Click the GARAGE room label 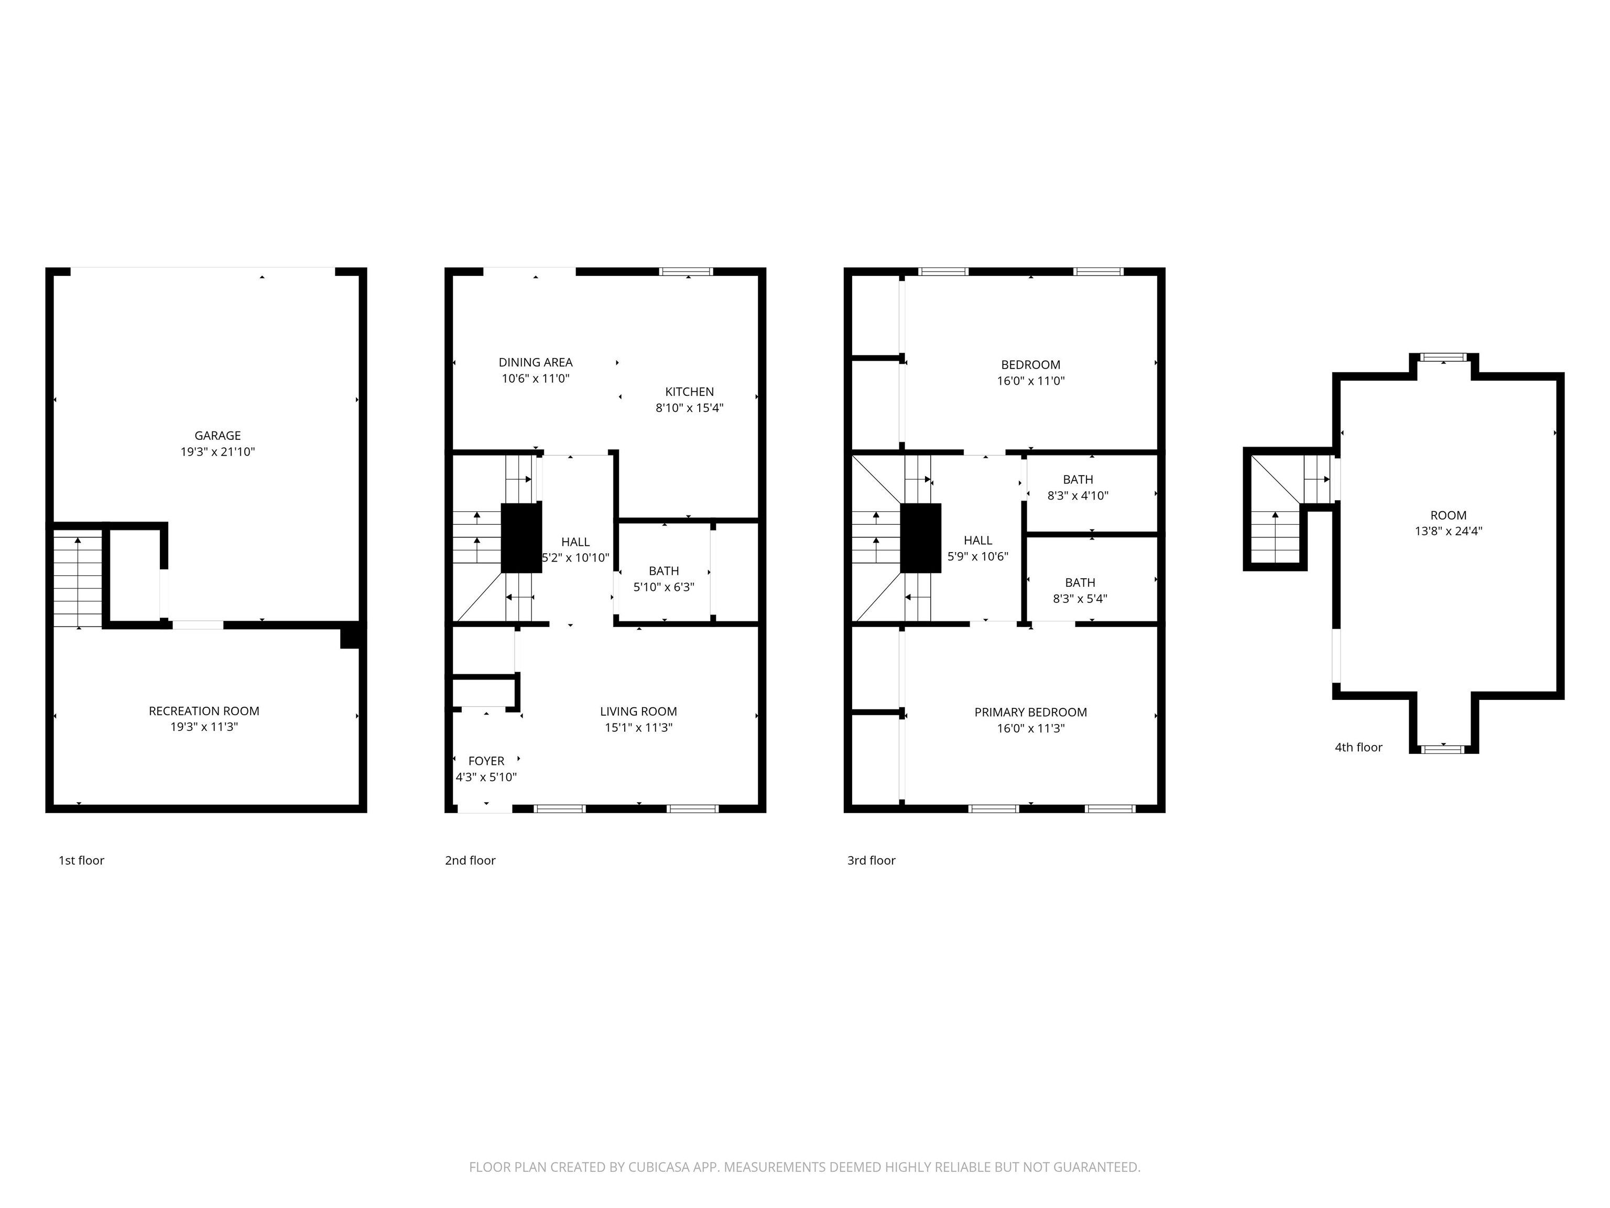tap(217, 435)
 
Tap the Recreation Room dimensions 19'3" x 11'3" tap(204, 727)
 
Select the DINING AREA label tap(535, 362)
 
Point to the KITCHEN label tap(689, 392)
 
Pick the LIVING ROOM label tap(638, 711)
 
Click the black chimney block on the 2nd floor tap(521, 538)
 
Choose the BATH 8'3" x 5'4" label tap(1080, 590)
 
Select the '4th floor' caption tap(1357, 747)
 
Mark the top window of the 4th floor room tap(1444, 358)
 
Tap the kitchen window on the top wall tap(686, 272)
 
